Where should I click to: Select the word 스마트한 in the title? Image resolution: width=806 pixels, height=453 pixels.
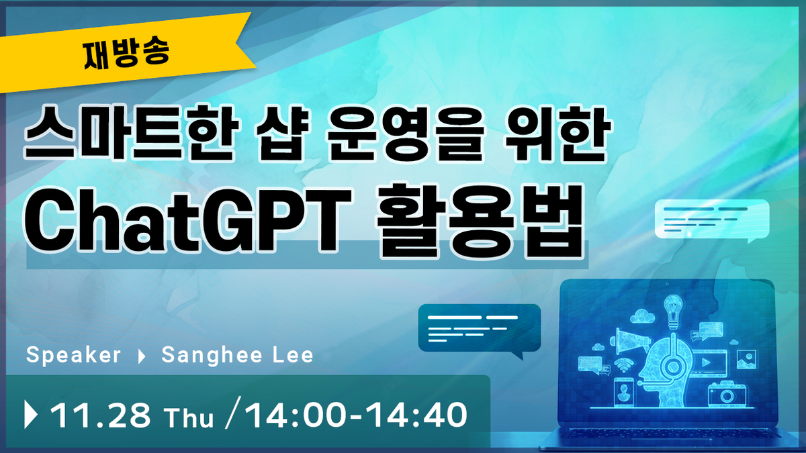(x=132, y=132)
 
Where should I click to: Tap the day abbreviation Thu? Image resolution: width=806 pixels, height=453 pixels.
(x=189, y=417)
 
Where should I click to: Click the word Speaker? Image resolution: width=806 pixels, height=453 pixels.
(x=73, y=355)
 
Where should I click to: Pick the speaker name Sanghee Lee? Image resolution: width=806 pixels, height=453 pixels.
(x=238, y=355)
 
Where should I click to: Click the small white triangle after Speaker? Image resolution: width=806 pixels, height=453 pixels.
(x=142, y=356)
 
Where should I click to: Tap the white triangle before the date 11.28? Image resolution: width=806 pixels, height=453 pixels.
(x=31, y=415)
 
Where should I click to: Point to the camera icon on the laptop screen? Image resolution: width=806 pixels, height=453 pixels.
(x=727, y=395)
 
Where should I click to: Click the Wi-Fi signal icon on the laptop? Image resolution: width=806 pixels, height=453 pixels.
(x=623, y=365)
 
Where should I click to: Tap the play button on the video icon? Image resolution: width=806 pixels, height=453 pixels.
(x=706, y=362)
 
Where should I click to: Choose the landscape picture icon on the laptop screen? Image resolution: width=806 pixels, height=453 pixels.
(x=747, y=360)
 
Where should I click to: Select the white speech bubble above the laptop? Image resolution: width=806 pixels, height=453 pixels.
(x=712, y=220)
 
